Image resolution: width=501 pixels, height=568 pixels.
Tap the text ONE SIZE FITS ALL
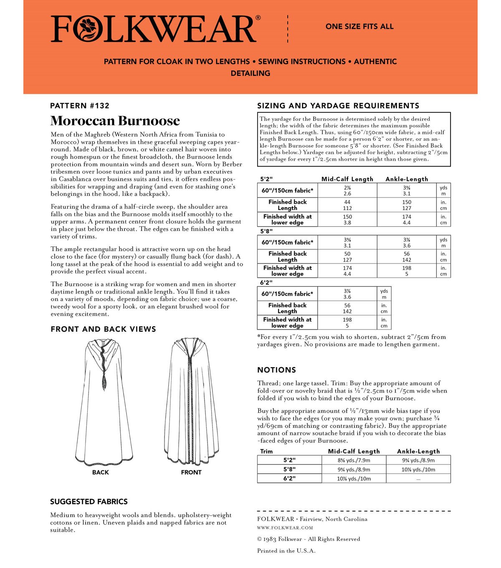pyautogui.click(x=359, y=26)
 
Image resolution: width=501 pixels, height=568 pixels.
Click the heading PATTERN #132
pyautogui.click(x=79, y=106)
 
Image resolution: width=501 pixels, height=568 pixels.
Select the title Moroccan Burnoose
pyautogui.click(x=115, y=121)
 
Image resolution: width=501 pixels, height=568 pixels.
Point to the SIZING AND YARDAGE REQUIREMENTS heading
pyautogui.click(x=338, y=106)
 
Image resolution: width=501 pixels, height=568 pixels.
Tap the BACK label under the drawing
pyautogui.click(x=101, y=472)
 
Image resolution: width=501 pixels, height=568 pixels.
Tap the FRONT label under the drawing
pyautogui.click(x=191, y=472)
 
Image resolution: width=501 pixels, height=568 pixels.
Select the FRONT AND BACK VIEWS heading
pyautogui.click(x=103, y=329)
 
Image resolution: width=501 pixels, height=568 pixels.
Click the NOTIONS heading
pyautogui.click(x=276, y=370)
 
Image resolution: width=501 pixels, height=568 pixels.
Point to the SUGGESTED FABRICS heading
pyautogui.click(x=89, y=502)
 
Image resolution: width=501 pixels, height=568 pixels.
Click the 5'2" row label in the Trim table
pyautogui.click(x=289, y=460)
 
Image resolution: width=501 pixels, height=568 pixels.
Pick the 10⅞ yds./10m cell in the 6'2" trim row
pyautogui.click(x=354, y=479)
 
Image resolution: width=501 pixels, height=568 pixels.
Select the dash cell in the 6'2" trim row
pyautogui.click(x=418, y=479)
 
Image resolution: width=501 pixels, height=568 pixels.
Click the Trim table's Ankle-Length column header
pyautogui.click(x=418, y=451)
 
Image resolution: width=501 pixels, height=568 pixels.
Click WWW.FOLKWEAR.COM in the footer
pyautogui.click(x=285, y=527)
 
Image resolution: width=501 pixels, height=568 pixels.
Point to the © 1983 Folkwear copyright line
pyautogui.click(x=308, y=539)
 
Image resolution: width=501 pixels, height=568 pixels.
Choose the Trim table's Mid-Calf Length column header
pyautogui.click(x=354, y=451)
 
